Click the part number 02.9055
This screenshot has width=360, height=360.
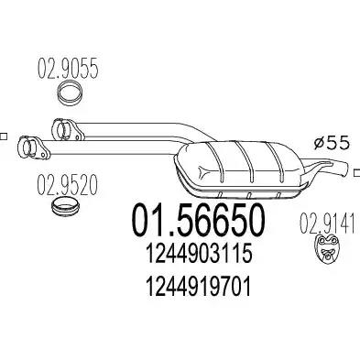coord(68,69)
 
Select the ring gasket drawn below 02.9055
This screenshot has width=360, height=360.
coord(71,93)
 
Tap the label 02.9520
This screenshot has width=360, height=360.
coord(67,184)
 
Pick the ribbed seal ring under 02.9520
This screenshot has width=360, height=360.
coord(65,207)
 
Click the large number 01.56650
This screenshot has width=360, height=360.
coord(198,220)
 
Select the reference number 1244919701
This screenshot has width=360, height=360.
coord(199,287)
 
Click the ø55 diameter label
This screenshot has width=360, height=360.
coord(332,143)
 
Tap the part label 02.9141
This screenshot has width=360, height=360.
coord(327,224)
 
